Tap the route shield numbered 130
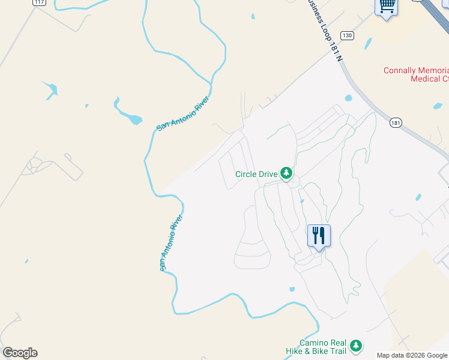[348, 35]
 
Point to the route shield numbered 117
[40, 2]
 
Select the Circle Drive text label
[256, 174]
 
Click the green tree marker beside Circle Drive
[287, 174]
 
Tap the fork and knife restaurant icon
[319, 235]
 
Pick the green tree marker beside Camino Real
[357, 346]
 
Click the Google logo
[20, 353]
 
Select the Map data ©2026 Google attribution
[412, 355]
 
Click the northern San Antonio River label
[183, 113]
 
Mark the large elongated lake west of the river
[127, 111]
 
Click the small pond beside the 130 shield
[367, 44]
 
